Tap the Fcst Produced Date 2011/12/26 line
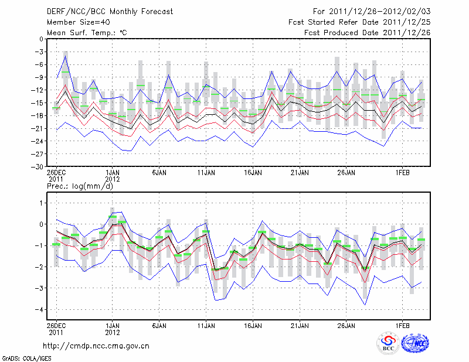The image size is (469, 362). tap(367, 33)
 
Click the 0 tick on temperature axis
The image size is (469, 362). tap(41, 39)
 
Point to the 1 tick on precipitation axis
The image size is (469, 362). tap(41, 203)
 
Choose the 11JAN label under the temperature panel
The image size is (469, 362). tap(206, 173)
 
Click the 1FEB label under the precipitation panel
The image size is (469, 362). tap(402, 325)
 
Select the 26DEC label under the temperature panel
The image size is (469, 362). tap(56, 173)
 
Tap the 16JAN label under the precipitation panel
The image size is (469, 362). tap(253, 325)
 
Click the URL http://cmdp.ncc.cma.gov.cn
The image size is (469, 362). tap(96, 346)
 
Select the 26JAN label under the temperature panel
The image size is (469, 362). tap(346, 173)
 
